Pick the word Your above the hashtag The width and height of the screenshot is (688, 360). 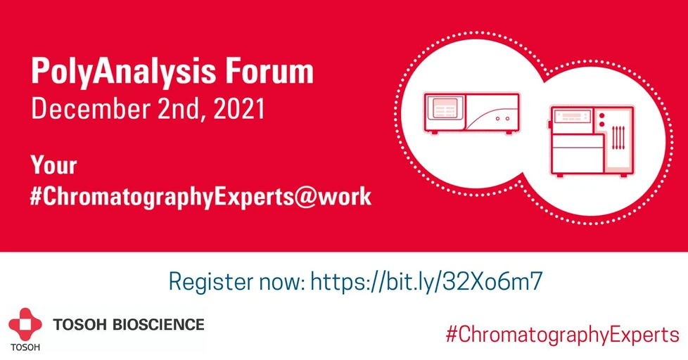[x=53, y=166]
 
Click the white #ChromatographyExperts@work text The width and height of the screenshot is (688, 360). [x=200, y=198]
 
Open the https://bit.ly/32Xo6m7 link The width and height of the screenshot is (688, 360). [x=426, y=281]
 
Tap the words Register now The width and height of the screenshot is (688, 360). [x=235, y=281]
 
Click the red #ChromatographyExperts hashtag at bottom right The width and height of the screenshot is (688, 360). [x=562, y=334]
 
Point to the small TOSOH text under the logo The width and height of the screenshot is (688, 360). [x=25, y=348]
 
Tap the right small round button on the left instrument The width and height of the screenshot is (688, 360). [x=507, y=119]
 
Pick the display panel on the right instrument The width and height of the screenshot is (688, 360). [x=571, y=119]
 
